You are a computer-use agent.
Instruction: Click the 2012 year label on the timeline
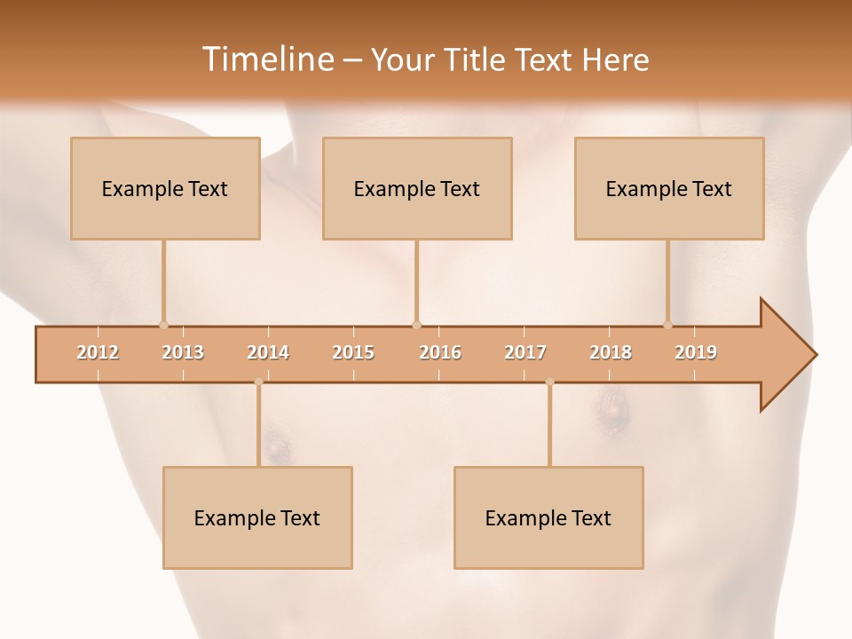click(98, 352)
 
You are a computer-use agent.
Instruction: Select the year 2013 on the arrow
click(183, 352)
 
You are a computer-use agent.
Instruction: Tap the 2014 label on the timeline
click(268, 352)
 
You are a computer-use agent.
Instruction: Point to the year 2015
click(353, 352)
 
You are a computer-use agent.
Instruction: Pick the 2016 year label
click(440, 352)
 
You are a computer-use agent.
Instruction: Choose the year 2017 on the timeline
click(525, 352)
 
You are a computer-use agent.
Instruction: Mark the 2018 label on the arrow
click(611, 352)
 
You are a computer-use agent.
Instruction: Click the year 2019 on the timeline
click(696, 352)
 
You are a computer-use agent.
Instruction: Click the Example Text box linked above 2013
click(165, 188)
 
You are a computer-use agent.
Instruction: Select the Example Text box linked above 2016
click(417, 188)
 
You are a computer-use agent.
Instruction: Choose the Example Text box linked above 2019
click(669, 188)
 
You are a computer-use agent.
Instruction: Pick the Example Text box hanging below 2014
click(257, 517)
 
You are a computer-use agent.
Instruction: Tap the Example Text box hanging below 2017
click(548, 517)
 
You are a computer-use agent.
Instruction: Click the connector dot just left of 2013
click(163, 325)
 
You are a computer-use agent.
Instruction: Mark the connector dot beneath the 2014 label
click(258, 382)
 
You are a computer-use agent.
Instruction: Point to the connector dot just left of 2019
click(668, 325)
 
